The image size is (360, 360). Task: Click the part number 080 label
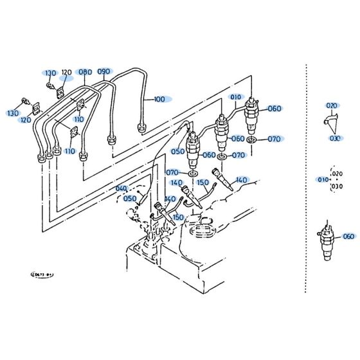click(x=85, y=71)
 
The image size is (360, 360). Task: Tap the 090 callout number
click(x=104, y=71)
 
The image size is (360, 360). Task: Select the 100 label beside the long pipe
click(x=159, y=100)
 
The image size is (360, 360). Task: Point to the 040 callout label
click(x=122, y=188)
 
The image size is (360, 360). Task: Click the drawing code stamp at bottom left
click(x=42, y=273)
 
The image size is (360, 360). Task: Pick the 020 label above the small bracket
click(x=332, y=105)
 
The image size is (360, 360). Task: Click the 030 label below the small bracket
click(x=334, y=138)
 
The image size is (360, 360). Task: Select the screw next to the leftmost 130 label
click(x=24, y=101)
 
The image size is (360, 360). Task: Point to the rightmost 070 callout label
click(x=274, y=138)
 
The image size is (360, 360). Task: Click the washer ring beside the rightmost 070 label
click(x=252, y=138)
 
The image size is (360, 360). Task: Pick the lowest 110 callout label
click(x=69, y=152)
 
